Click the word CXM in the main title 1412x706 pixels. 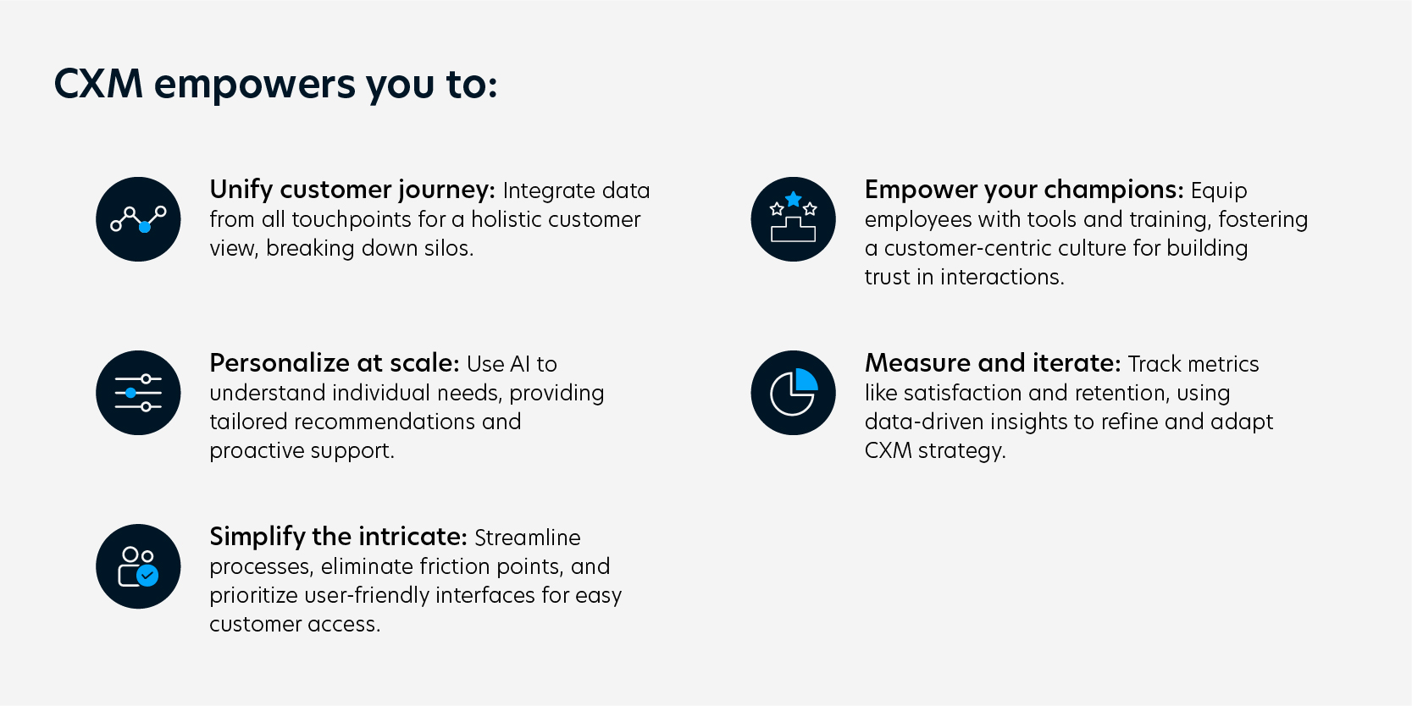[x=98, y=84]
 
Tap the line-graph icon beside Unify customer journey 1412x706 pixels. [x=138, y=219]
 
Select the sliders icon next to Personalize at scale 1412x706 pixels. [x=138, y=393]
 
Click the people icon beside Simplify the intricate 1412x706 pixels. [x=138, y=566]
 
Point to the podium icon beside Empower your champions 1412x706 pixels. [x=793, y=219]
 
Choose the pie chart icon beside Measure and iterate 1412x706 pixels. [x=793, y=393]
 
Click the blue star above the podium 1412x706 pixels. [x=793, y=199]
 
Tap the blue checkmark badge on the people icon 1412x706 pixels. [x=147, y=576]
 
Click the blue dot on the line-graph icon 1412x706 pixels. [x=145, y=227]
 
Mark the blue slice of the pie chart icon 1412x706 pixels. [x=806, y=380]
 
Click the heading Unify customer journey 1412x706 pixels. [x=352, y=189]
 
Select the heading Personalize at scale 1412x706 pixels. [x=334, y=362]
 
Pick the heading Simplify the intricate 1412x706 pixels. [x=338, y=536]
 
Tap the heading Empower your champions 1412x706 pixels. [x=1023, y=189]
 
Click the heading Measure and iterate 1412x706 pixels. [x=992, y=362]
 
